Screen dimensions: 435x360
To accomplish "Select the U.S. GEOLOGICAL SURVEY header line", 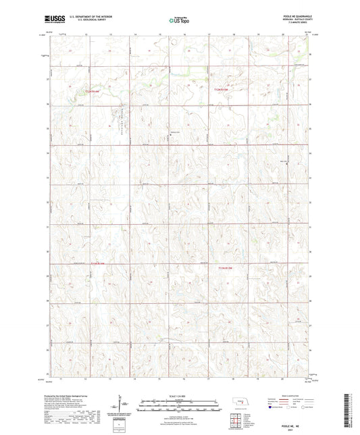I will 84,20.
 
